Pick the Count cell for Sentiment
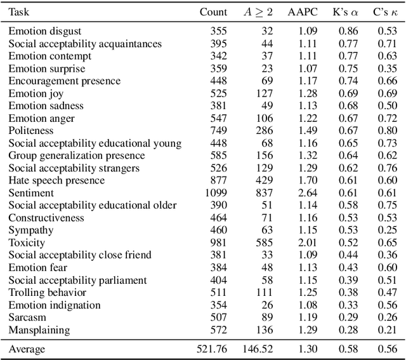[214, 193]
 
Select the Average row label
[27, 349]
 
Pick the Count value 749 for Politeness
[218, 131]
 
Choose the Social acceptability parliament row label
[77, 280]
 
